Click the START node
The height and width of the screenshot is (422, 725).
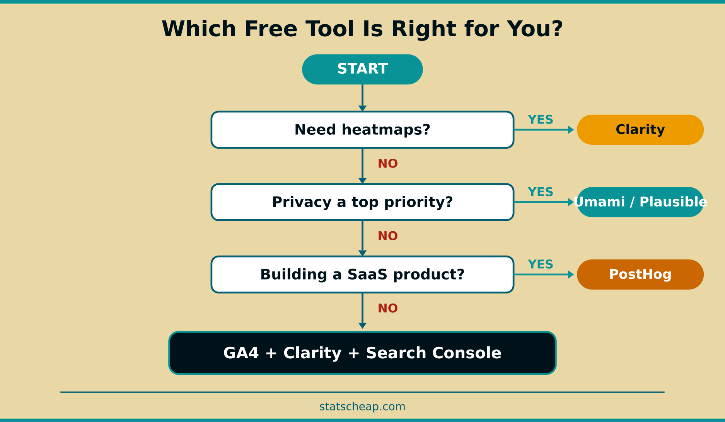click(362, 69)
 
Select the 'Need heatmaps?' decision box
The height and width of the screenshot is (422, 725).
click(362, 130)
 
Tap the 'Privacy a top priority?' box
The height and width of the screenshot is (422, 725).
click(362, 202)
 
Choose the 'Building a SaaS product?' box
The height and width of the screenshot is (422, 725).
click(362, 275)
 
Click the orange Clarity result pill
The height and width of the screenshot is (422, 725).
click(640, 130)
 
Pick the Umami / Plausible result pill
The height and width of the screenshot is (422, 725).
click(640, 202)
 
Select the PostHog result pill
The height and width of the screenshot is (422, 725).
click(640, 275)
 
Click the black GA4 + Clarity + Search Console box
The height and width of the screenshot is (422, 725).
click(362, 353)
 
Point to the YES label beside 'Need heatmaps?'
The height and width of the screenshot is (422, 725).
click(540, 120)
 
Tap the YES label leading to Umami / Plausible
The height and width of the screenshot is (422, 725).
click(540, 192)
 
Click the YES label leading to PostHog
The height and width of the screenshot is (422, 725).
click(540, 264)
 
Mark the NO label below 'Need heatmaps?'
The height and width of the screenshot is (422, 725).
click(387, 164)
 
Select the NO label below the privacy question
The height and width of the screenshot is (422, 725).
click(387, 236)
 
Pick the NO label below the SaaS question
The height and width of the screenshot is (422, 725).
click(387, 308)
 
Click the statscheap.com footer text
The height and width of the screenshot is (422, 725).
click(362, 407)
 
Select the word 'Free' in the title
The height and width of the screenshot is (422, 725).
click(271, 29)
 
